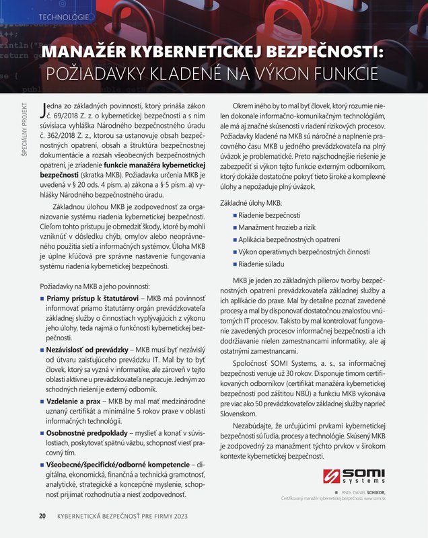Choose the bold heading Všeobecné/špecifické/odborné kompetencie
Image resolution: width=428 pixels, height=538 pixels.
pos(115,465)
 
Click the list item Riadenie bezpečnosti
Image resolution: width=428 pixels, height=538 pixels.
pos(270,215)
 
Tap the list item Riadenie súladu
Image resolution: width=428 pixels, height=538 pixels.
pos(263,264)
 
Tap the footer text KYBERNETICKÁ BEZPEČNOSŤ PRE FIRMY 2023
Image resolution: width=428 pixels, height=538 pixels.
pos(122,516)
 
